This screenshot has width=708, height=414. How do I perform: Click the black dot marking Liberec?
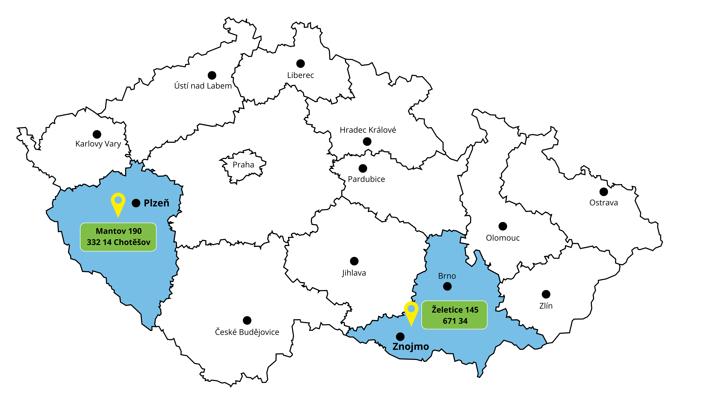point(300,63)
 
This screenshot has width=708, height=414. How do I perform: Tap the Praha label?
point(243,165)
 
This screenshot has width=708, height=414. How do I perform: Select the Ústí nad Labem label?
point(203,86)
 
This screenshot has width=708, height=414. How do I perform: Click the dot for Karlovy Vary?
point(97,134)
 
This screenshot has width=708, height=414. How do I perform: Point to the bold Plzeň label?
point(157,203)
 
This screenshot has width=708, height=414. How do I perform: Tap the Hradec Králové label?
point(368,130)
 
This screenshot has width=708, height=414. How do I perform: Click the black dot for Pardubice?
point(363,168)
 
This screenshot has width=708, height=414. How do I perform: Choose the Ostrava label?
point(603,203)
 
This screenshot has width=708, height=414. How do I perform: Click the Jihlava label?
point(354,273)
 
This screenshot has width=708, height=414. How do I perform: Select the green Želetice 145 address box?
point(454,315)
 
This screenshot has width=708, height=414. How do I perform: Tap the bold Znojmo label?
point(410,347)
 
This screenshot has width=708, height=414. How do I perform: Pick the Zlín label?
point(546,306)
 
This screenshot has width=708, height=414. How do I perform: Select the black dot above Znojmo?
point(400,336)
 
